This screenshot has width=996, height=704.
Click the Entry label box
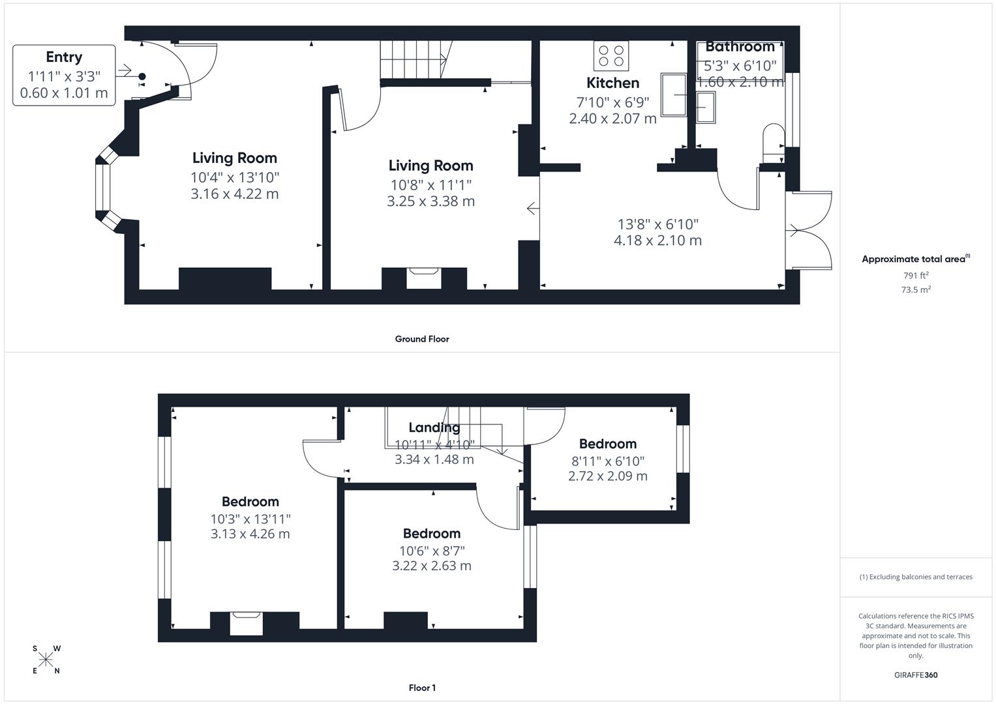tap(64, 75)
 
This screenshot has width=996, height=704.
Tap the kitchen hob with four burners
tap(611, 55)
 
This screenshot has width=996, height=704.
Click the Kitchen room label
tap(612, 83)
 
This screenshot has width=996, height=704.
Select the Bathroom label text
tap(740, 47)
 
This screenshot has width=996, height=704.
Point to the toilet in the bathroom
tap(774, 139)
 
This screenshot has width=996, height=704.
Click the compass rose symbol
tap(46, 660)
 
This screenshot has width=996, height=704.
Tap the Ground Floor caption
tap(422, 339)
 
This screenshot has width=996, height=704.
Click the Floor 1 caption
tap(422, 688)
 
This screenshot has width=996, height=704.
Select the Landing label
tap(434, 428)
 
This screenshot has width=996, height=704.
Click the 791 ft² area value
tap(916, 276)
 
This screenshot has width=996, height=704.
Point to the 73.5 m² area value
tap(916, 290)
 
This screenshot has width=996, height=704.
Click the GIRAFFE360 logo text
tap(915, 675)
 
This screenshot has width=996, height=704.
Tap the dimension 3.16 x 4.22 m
tap(235, 194)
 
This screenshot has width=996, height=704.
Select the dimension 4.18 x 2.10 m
tap(657, 241)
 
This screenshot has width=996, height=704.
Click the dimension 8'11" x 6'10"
tap(608, 462)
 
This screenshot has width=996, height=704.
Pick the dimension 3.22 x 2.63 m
tap(431, 566)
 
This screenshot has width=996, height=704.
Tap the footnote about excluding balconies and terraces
tap(916, 577)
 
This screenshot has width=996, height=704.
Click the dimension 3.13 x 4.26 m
tap(250, 534)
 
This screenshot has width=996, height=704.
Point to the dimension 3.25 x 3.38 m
tap(430, 201)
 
